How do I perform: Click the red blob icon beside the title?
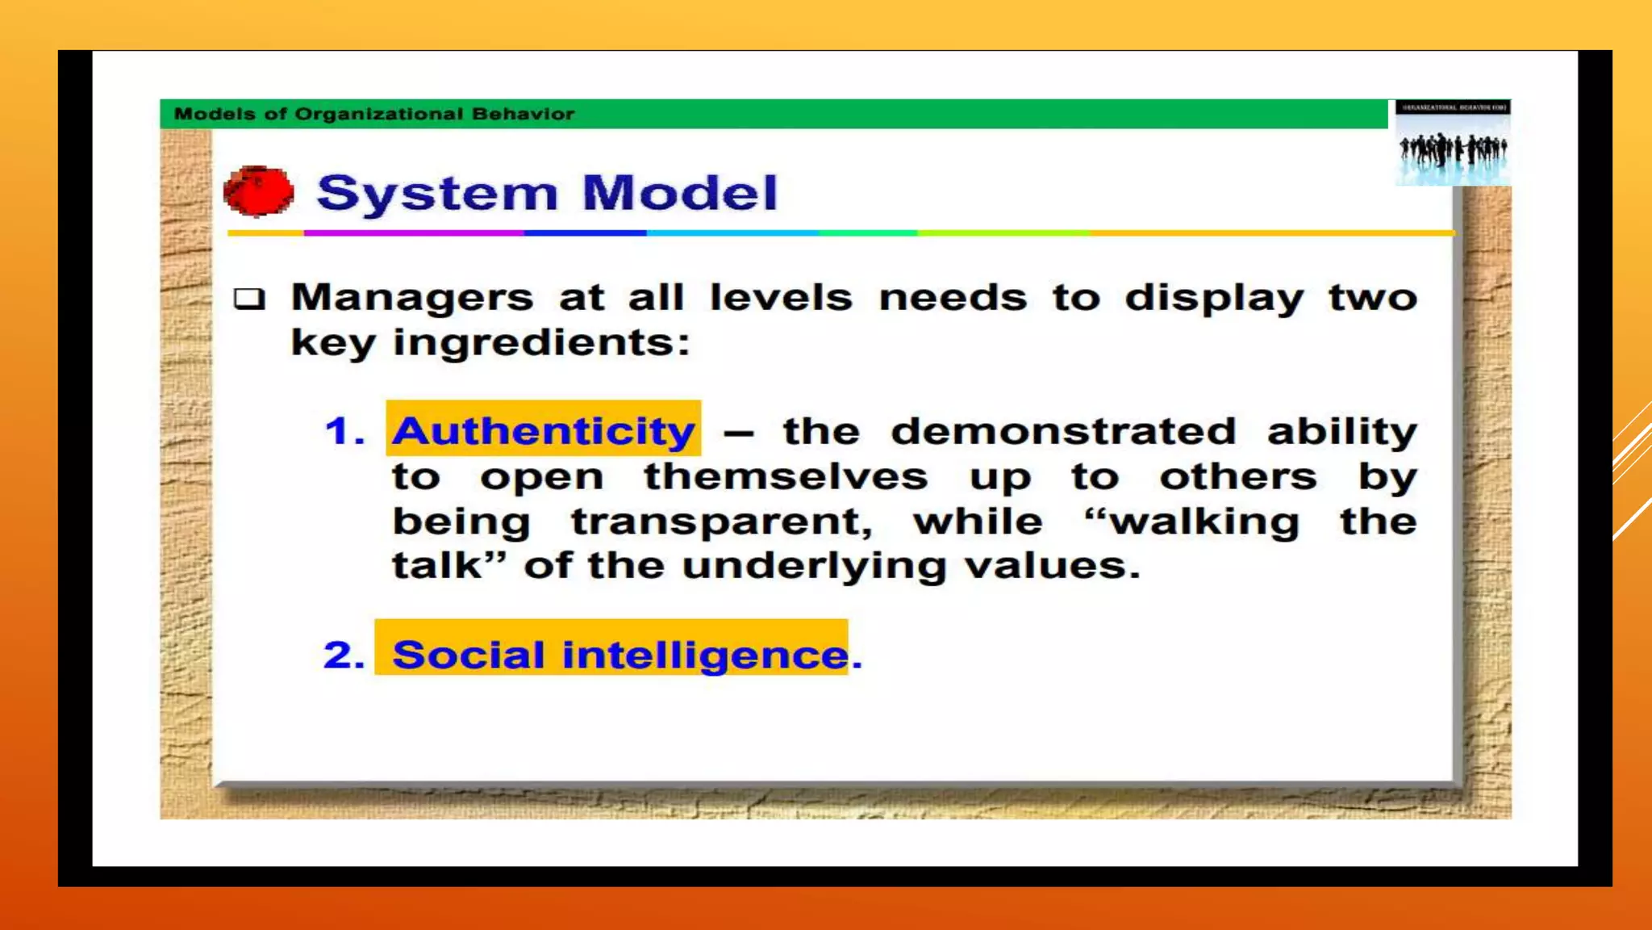click(258, 192)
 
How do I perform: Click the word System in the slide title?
click(436, 194)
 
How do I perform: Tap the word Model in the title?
click(679, 193)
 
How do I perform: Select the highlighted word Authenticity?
click(543, 430)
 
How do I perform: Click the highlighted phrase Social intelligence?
click(619, 654)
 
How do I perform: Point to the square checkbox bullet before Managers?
click(249, 299)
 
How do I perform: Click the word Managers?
click(411, 298)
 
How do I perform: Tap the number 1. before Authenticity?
click(344, 431)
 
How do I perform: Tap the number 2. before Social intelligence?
click(344, 655)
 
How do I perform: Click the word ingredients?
click(541, 343)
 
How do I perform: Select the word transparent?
click(722, 522)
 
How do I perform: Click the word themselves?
click(785, 476)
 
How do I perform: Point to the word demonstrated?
click(1063, 431)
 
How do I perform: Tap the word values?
click(1052, 565)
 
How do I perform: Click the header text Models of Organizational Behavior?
click(374, 114)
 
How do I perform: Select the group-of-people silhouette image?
click(1453, 149)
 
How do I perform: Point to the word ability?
click(1341, 432)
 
